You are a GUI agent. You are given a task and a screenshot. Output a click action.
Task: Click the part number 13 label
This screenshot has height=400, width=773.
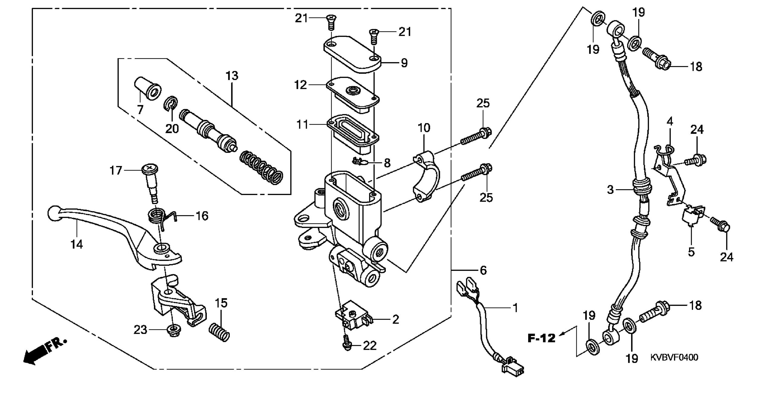(x=232, y=75)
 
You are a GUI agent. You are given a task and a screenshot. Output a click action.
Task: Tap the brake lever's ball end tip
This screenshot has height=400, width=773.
(x=53, y=213)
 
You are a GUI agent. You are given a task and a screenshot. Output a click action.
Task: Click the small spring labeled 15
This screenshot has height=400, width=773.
(x=220, y=332)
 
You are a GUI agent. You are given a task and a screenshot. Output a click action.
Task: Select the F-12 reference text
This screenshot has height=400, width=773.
(x=541, y=338)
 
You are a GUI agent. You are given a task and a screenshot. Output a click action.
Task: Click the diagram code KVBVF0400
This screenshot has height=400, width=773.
(x=674, y=357)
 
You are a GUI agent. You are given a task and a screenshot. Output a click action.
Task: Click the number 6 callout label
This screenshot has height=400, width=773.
(x=483, y=270)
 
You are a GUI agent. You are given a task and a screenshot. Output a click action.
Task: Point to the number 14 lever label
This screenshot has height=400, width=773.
(x=77, y=244)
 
